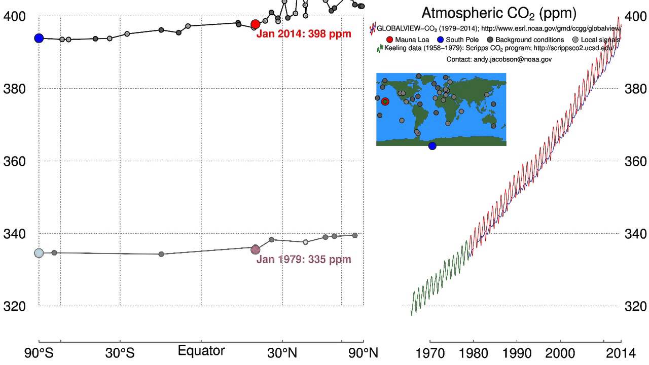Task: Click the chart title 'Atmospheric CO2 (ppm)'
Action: coord(499,13)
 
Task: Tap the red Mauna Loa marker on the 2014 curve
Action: coord(256,24)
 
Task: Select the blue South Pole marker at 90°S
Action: coord(39,38)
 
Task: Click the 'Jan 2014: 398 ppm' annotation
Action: coord(304,34)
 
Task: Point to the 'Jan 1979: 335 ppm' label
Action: coord(304,260)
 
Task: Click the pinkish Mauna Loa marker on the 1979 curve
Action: coord(256,249)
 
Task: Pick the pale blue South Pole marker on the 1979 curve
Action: coord(39,253)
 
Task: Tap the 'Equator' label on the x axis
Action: coord(201,351)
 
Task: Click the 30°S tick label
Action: coord(120,353)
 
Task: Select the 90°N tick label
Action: coord(363,353)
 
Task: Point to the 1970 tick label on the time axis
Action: coord(430,353)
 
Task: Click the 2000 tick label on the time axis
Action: coord(560,353)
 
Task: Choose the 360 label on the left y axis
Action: coord(13,161)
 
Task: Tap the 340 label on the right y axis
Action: coord(636,234)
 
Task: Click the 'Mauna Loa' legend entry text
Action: coord(412,40)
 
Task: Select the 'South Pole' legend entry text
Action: coord(462,40)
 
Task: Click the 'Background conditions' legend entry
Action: coord(529,40)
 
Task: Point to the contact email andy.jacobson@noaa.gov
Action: coord(499,59)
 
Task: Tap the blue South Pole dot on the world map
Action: coord(432,146)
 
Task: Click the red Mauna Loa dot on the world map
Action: coord(385,101)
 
